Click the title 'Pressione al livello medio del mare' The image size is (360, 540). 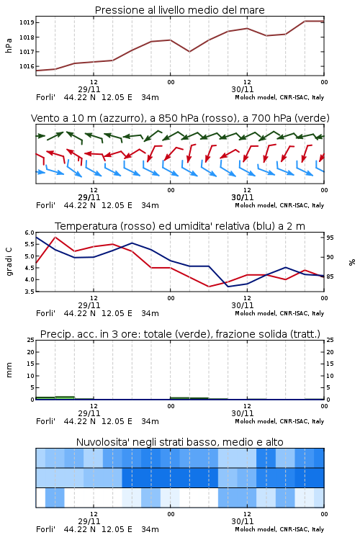(179, 10)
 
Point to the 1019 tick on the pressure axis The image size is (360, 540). (26, 23)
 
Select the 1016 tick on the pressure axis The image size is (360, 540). (26, 66)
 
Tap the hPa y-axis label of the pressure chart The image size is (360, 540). (9, 45)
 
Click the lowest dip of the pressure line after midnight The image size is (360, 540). (189, 52)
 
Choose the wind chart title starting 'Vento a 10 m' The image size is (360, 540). (180, 118)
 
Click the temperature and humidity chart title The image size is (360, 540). (180, 226)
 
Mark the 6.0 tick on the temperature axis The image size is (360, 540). (30, 233)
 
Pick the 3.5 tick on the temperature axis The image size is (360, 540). (30, 292)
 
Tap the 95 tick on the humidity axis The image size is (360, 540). (330, 238)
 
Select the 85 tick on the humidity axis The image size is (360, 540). (330, 276)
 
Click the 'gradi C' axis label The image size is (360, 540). (9, 262)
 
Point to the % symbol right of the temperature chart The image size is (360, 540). (352, 262)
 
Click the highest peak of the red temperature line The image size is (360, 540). (55, 238)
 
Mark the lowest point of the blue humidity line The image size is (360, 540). (228, 287)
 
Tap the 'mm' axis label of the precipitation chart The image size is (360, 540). (9, 370)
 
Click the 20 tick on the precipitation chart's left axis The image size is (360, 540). (31, 352)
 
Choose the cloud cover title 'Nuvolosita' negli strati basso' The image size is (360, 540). (180, 442)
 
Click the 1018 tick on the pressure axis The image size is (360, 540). (26, 37)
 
